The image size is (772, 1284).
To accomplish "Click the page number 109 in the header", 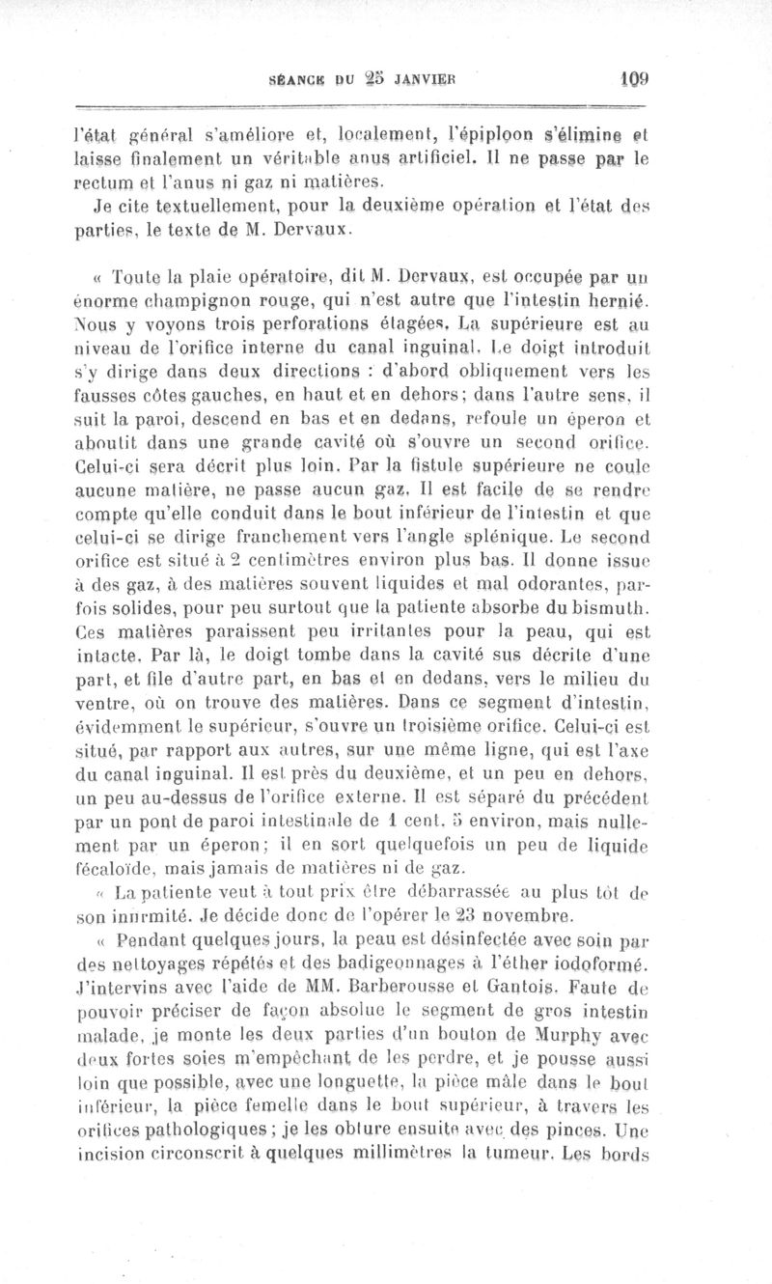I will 633,83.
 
